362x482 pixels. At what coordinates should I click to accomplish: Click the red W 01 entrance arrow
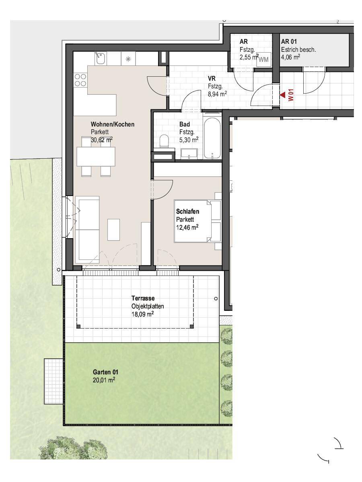(282, 95)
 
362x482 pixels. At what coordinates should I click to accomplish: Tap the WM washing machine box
(264, 59)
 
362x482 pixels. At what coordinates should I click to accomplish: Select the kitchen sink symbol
(101, 58)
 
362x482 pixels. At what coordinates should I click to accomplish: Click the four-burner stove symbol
(80, 80)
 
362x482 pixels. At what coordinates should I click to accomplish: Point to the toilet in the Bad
(164, 141)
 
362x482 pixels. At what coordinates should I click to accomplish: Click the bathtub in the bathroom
(212, 139)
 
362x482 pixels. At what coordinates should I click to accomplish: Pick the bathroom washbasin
(189, 153)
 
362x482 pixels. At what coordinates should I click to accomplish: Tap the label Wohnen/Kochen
(113, 124)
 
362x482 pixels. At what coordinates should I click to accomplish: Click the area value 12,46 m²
(187, 227)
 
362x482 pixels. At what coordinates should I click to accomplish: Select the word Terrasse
(143, 298)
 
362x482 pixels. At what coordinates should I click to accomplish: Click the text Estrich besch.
(298, 50)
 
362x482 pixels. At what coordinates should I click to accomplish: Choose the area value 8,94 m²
(217, 94)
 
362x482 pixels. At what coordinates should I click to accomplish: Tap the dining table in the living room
(96, 157)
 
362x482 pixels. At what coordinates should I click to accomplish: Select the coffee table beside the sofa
(114, 229)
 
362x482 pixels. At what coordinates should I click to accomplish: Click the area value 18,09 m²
(143, 314)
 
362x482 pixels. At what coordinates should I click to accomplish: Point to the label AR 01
(289, 41)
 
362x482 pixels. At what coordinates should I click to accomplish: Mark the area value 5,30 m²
(189, 140)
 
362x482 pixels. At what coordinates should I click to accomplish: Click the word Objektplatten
(148, 306)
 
